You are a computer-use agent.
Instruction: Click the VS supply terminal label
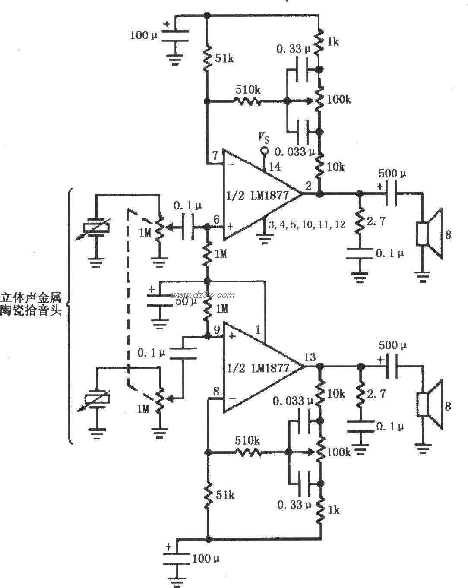click(263, 138)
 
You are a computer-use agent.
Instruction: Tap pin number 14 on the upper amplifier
click(275, 166)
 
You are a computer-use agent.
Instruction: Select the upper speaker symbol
click(430, 234)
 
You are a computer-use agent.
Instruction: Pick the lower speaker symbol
click(430, 405)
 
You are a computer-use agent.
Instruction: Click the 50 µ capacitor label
click(186, 301)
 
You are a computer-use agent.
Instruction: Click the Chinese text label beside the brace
click(31, 304)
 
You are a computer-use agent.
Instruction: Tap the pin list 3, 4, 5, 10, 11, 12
click(307, 224)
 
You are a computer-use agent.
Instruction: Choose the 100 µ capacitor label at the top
click(144, 35)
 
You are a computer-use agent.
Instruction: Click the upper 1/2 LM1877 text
click(258, 195)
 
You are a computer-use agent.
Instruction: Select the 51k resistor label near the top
click(224, 58)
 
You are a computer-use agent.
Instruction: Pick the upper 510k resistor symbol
click(247, 101)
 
